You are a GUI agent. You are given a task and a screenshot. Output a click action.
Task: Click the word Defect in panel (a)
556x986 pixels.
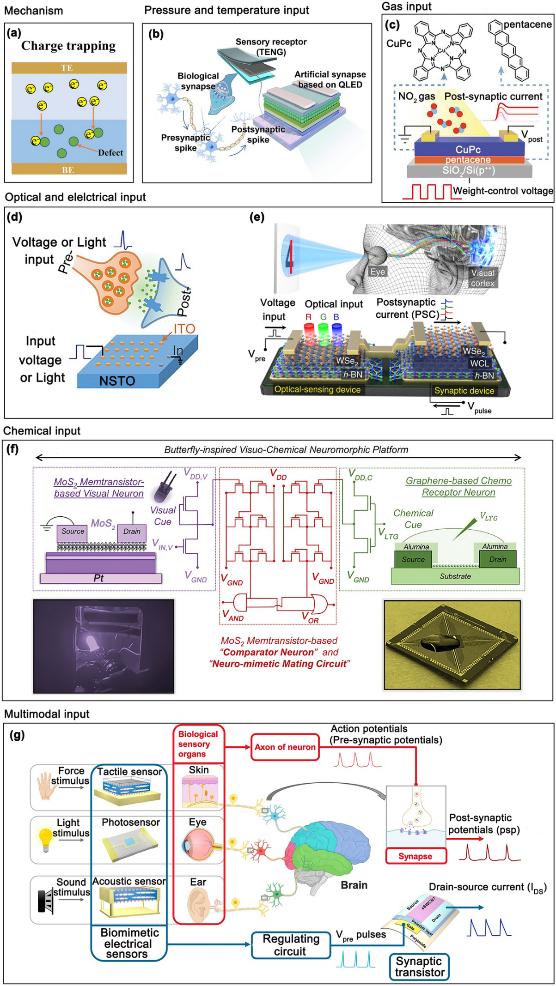110,153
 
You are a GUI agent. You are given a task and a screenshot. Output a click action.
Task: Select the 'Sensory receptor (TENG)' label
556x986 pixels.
271,47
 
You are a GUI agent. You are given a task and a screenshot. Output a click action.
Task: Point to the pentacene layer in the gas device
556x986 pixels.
468,160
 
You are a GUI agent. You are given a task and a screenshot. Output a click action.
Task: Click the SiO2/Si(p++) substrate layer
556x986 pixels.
469,170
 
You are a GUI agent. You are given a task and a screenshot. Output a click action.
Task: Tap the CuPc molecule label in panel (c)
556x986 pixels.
398,44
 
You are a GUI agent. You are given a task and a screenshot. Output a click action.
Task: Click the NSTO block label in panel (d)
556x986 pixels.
117,381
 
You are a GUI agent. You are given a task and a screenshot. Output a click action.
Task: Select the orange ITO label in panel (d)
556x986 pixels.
184,329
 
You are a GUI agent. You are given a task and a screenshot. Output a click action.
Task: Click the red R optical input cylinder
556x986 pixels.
309,332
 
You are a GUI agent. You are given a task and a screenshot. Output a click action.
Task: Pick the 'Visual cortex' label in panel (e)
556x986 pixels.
483,278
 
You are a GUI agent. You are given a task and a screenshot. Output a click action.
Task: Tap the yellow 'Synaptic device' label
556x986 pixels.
464,391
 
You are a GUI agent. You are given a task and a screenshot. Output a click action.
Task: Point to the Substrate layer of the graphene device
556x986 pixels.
455,576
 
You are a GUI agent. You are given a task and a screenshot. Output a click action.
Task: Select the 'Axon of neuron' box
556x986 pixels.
285,747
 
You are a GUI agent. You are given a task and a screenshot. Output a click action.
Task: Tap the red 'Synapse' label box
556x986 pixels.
415,856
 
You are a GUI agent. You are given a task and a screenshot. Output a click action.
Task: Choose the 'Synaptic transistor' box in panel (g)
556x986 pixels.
420,967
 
